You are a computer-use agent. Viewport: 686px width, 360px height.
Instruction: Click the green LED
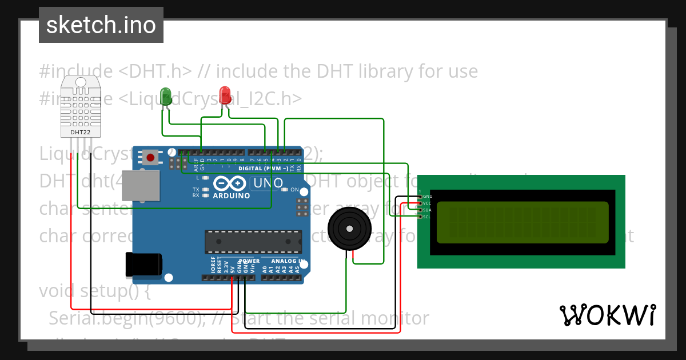(x=166, y=95)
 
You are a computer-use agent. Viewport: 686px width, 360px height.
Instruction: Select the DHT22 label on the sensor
(x=80, y=132)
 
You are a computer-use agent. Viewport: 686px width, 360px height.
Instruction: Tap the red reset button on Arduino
(x=151, y=157)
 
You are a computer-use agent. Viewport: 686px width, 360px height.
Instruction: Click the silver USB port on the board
(x=141, y=186)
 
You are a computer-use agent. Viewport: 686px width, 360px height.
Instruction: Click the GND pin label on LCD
(x=428, y=196)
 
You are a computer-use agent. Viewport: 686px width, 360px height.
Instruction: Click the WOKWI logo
(x=607, y=315)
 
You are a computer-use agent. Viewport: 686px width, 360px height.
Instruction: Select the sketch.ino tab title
(x=101, y=25)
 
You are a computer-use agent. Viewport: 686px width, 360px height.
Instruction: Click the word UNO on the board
(x=268, y=183)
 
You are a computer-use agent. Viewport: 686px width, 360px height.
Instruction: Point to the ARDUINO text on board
(x=231, y=195)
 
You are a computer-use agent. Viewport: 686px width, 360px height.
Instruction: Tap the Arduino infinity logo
(x=230, y=183)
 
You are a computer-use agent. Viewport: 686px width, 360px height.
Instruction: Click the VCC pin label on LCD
(x=427, y=203)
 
